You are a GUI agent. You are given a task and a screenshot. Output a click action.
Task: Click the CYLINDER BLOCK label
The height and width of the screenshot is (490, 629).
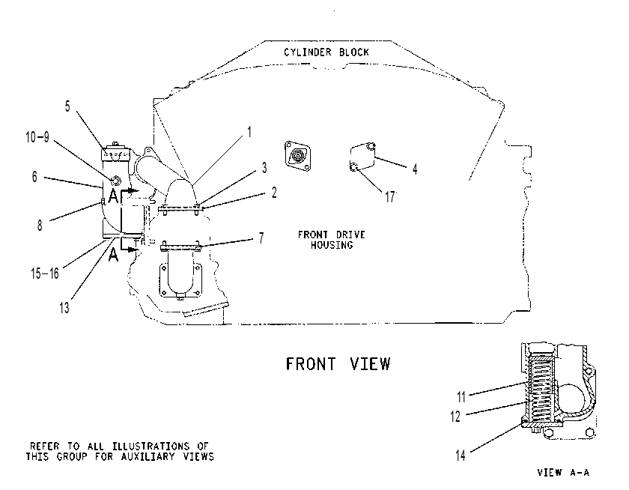coord(326,52)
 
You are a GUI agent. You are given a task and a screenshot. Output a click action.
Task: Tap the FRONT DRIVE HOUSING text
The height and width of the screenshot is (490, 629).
coord(331,240)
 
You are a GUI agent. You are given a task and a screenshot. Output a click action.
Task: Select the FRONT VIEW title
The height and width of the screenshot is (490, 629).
coord(338,363)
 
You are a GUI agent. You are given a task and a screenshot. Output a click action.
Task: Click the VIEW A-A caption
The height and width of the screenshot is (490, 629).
coord(563,472)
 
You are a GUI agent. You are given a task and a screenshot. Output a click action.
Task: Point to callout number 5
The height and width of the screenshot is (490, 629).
coord(67,106)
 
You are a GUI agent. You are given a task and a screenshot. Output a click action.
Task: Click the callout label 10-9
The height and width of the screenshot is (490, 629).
coord(37,137)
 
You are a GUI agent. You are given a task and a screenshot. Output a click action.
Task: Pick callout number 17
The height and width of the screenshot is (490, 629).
coord(390,197)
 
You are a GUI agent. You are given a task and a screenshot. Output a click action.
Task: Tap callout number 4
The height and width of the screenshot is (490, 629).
coord(415,169)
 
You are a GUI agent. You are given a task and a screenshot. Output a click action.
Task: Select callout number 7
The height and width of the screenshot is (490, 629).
coord(261,238)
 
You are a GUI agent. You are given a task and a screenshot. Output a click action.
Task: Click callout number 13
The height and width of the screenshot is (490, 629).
coord(64,308)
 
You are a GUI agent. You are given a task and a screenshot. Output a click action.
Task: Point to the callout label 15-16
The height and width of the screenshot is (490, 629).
coord(44,273)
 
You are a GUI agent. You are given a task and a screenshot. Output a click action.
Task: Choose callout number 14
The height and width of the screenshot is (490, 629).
coord(460,456)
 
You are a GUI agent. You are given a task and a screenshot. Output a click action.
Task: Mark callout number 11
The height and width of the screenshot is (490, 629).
coord(461,397)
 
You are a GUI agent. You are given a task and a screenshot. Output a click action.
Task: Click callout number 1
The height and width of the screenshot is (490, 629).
coord(249,132)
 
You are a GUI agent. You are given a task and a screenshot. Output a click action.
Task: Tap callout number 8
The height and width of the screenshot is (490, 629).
coord(39,226)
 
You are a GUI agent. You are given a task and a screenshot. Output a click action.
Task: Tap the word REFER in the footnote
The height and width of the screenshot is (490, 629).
coord(44,447)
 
